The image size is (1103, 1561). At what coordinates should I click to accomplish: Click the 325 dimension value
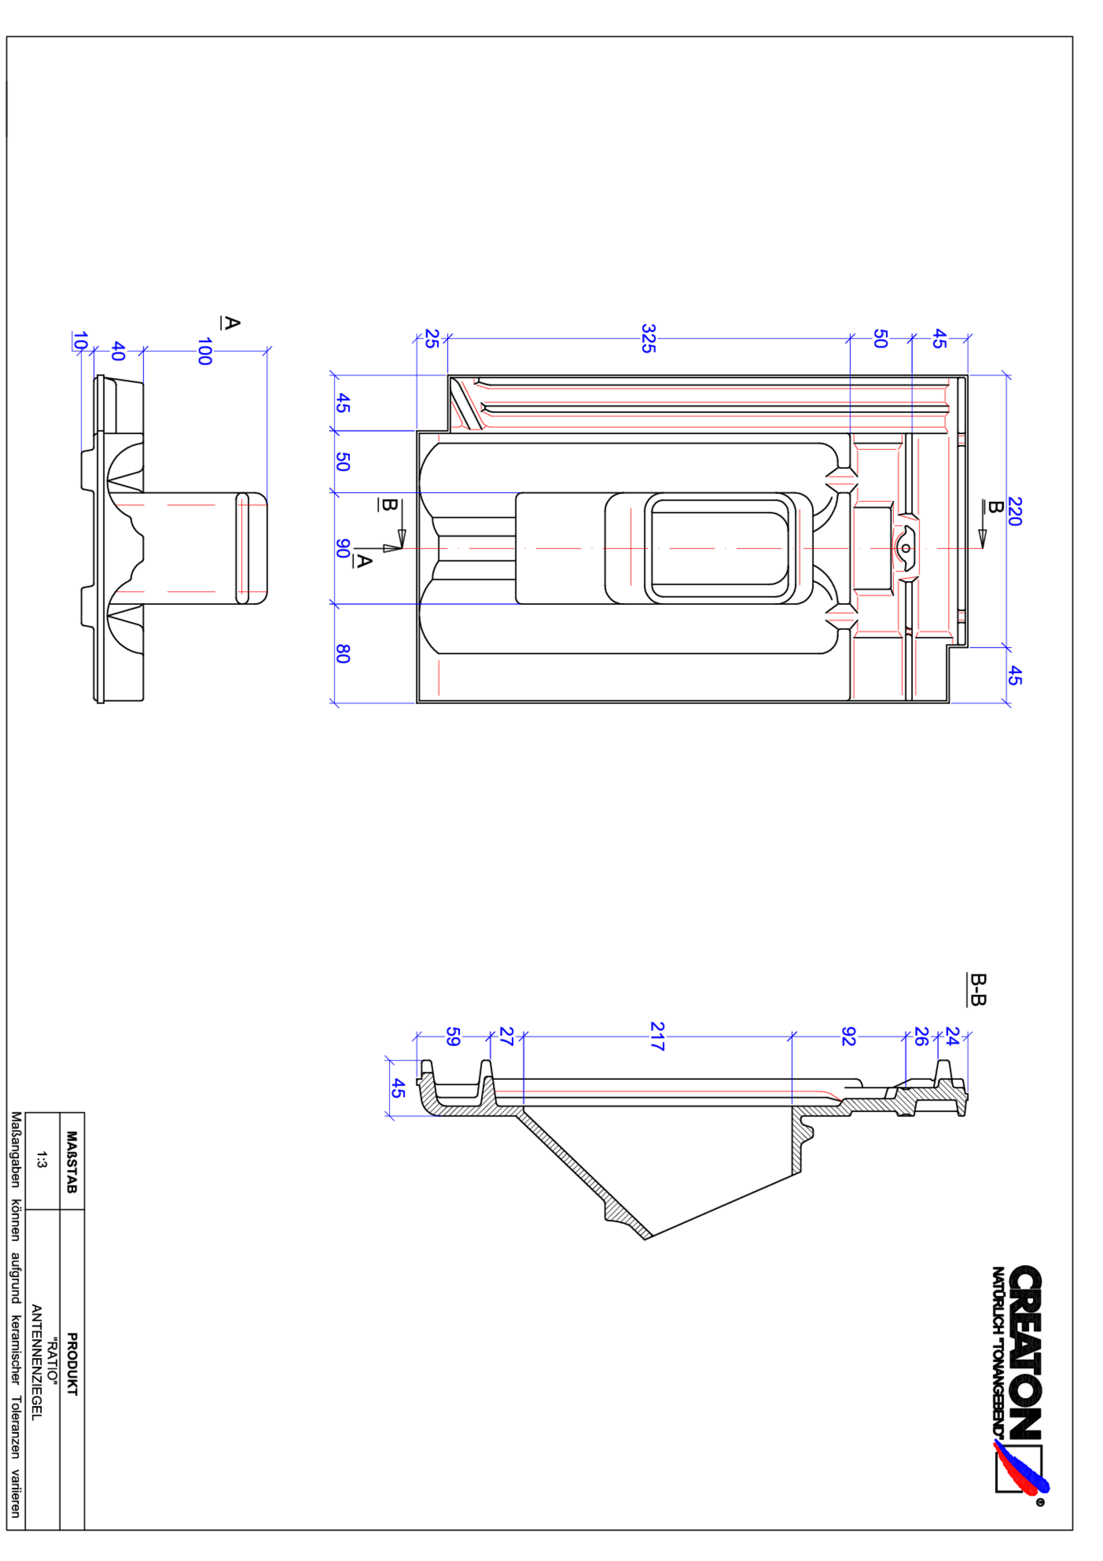(x=648, y=338)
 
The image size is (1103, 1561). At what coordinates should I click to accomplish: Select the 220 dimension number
(x=1014, y=511)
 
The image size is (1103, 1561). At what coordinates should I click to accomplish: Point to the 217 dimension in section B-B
(x=657, y=1036)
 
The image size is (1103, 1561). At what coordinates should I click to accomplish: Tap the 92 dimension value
(x=848, y=1036)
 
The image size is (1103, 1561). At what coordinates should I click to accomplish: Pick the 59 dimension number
(x=452, y=1036)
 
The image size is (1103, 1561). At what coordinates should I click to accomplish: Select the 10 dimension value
(x=79, y=341)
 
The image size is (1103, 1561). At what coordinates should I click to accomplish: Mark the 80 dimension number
(x=343, y=654)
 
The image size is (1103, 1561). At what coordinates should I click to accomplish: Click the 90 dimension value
(x=343, y=548)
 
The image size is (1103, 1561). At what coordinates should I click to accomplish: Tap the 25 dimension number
(x=431, y=338)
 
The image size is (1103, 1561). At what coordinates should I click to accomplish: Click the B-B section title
(x=977, y=989)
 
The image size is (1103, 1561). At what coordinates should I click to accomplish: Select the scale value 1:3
(x=41, y=1159)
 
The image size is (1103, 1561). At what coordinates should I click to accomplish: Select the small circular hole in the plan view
(x=906, y=548)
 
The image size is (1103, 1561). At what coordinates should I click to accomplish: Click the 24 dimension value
(x=952, y=1036)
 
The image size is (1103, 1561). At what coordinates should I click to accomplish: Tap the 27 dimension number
(x=506, y=1036)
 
